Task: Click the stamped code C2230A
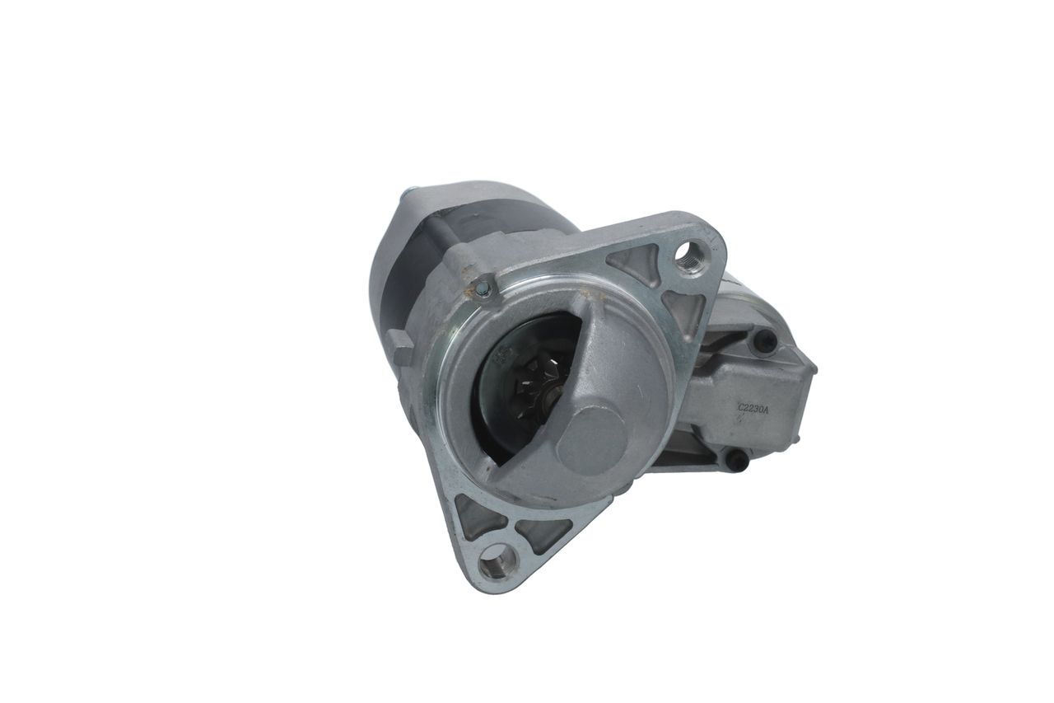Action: (x=754, y=408)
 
